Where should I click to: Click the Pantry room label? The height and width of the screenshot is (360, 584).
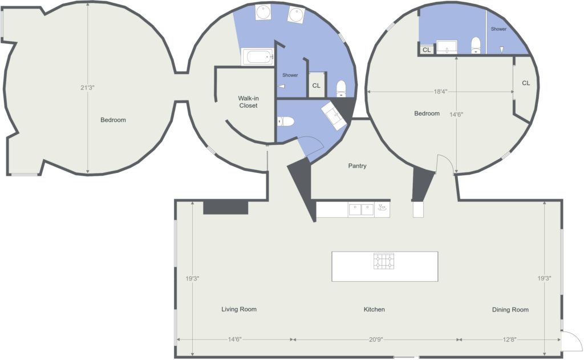tap(357, 166)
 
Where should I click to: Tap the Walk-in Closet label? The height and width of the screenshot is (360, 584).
tap(249, 102)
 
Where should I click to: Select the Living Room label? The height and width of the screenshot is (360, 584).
tap(239, 309)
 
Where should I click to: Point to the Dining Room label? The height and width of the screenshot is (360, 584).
tap(510, 309)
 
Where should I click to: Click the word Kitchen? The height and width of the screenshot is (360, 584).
tap(374, 309)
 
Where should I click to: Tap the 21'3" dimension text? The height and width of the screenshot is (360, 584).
tap(87, 88)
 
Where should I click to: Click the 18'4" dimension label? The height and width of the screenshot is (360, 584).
tap(440, 91)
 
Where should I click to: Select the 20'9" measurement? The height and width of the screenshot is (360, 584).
tap(376, 339)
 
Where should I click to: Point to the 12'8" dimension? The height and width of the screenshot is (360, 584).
tap(509, 339)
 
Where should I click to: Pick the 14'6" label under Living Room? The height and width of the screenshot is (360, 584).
tap(234, 339)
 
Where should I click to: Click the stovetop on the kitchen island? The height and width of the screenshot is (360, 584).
tap(384, 261)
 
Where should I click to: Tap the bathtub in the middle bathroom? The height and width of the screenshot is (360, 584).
tap(258, 57)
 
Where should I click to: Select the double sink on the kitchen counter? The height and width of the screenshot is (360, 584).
tap(361, 210)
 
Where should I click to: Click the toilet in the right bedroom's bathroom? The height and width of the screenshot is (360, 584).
tap(476, 46)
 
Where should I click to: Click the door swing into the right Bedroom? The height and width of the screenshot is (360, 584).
tap(445, 164)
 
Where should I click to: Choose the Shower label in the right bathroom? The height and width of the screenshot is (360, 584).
tap(498, 29)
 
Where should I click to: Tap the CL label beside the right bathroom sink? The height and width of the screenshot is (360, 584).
tap(427, 50)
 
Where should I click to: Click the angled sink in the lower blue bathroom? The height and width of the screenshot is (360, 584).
tap(334, 115)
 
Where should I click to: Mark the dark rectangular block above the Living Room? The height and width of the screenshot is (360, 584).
tap(226, 207)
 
